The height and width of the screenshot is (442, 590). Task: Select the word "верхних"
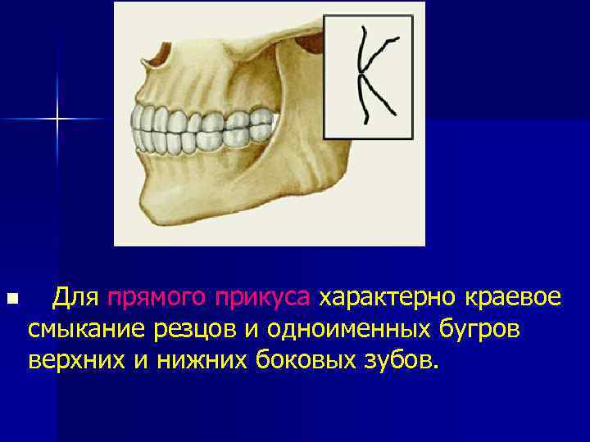(73, 359)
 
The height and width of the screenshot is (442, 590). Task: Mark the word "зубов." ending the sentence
(401, 359)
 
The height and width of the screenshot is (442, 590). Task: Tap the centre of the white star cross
(58, 120)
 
